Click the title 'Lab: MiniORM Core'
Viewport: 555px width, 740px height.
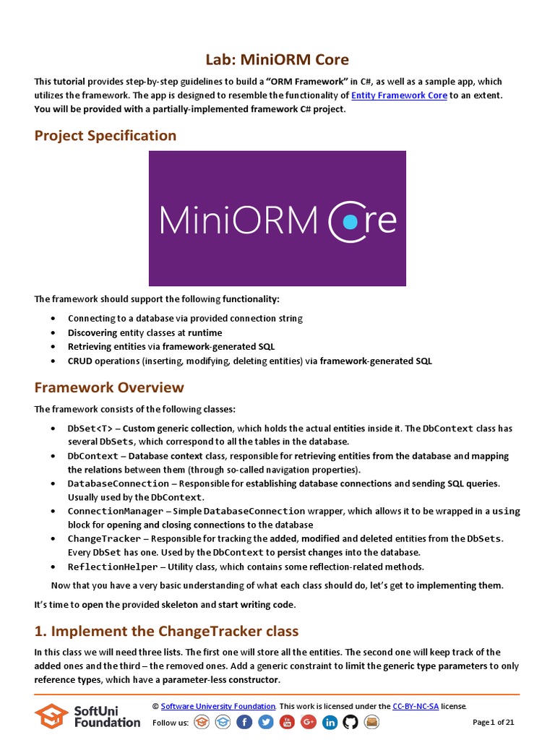tap(277, 59)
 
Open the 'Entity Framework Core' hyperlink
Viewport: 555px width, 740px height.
tap(399, 95)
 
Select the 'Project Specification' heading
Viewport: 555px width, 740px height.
tap(106, 136)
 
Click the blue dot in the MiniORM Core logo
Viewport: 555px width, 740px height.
tap(350, 222)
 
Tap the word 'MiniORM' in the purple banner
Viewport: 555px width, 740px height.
tap(239, 220)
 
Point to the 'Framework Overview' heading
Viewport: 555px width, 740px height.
tap(109, 387)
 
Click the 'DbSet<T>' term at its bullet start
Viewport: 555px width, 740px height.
tap(90, 429)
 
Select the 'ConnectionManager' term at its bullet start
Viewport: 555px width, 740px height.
tap(115, 511)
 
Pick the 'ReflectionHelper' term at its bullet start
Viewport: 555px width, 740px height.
tap(112, 567)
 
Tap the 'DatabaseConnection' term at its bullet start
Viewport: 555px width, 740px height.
tap(118, 483)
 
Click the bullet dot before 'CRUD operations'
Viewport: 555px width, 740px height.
tap(53, 361)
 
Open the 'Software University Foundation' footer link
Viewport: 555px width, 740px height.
tap(218, 706)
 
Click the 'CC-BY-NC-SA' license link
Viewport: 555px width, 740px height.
tap(415, 706)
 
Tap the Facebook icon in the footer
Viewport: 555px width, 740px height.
tap(244, 722)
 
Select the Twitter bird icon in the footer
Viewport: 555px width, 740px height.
tap(266, 722)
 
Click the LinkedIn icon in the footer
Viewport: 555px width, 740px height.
tap(330, 722)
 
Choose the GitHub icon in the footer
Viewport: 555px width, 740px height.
tap(350, 722)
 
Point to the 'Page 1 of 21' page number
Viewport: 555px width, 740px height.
tap(494, 722)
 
